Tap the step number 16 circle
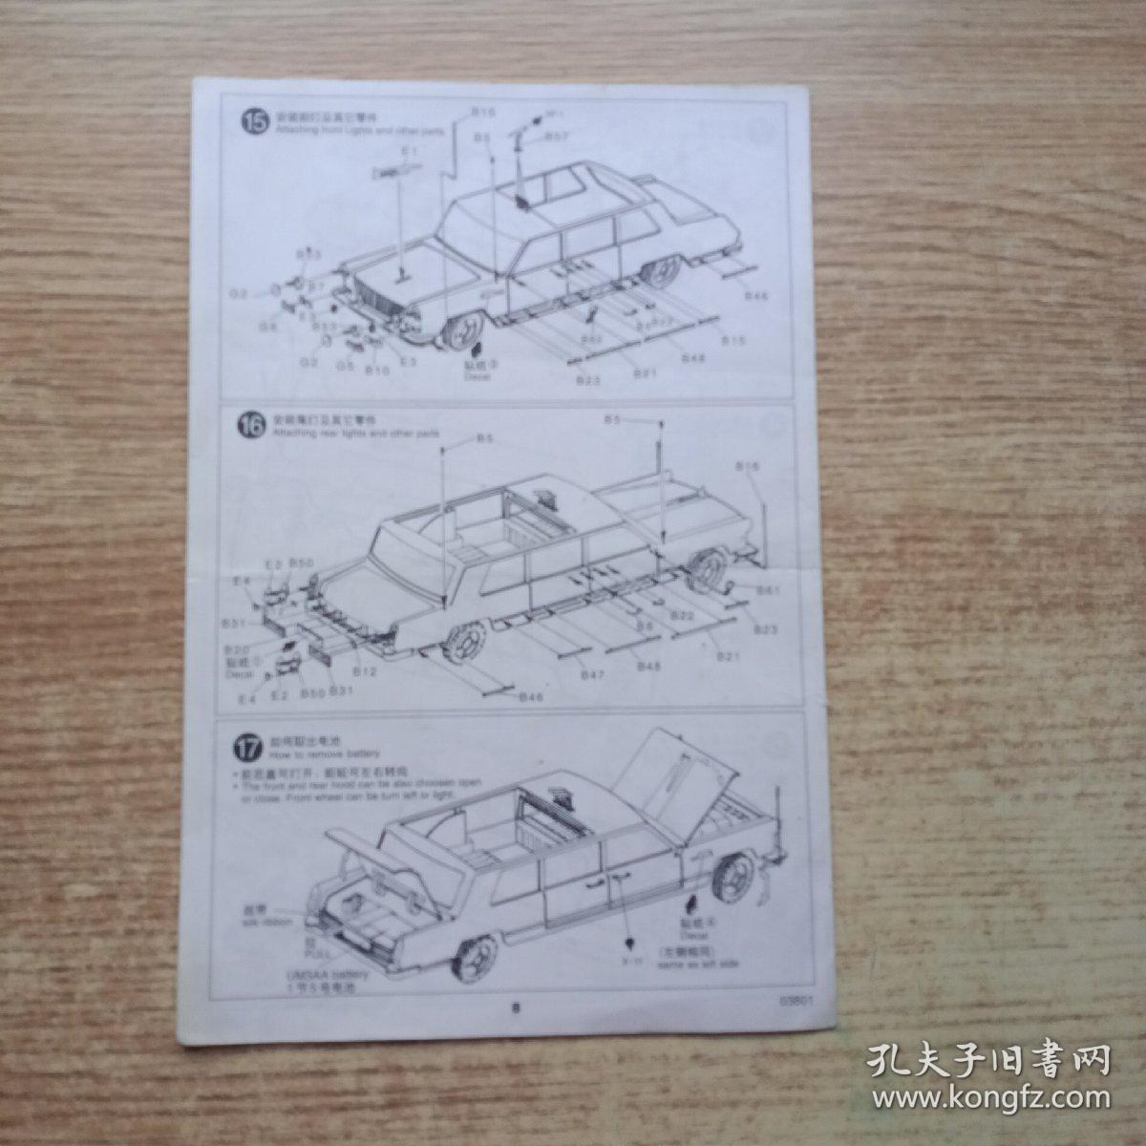[x=253, y=426]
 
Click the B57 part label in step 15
[x=558, y=138]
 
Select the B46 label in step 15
[x=756, y=296]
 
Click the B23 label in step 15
[x=587, y=380]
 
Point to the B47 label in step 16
[x=594, y=675]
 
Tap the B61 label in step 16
[x=769, y=590]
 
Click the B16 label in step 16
[x=749, y=465]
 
